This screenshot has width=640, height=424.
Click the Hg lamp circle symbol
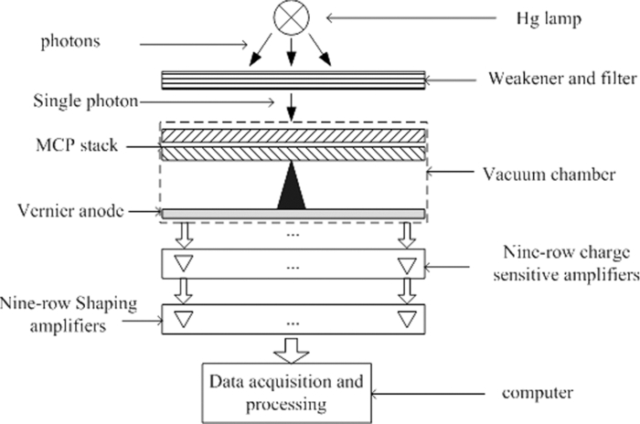pyautogui.click(x=291, y=17)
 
